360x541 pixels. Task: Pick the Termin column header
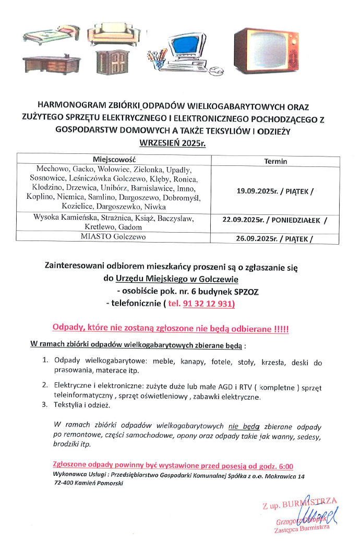tap(275, 161)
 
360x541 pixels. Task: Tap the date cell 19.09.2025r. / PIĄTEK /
tap(275, 191)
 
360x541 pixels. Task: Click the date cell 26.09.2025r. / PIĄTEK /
tap(275, 239)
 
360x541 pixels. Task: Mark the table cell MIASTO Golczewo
tap(113, 237)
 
